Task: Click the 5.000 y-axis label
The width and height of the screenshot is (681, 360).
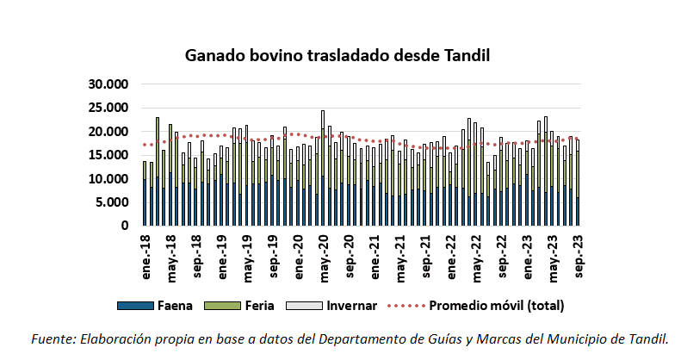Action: (113, 202)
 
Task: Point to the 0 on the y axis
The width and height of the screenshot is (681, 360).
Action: (124, 226)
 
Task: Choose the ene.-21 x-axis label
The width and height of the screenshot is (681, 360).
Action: (375, 255)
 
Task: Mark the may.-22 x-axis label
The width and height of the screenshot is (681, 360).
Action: (476, 255)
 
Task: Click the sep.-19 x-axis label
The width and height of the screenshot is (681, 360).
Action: (273, 255)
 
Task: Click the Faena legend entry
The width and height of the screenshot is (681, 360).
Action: (168, 305)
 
